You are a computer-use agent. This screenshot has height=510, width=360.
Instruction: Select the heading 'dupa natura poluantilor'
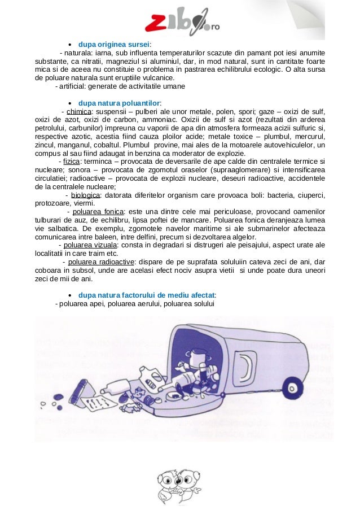(120, 103)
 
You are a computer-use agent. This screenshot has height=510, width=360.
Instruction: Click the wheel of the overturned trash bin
(293, 387)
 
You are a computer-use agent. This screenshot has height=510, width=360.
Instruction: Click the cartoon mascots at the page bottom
(180, 485)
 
